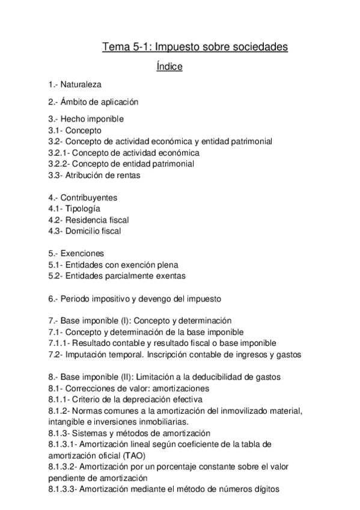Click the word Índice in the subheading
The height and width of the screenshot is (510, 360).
[x=169, y=67]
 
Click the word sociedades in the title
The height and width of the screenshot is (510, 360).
[x=259, y=46]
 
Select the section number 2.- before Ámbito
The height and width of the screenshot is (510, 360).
[x=53, y=102]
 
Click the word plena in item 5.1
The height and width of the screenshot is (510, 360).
[x=167, y=264]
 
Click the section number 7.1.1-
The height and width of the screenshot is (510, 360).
[x=59, y=343]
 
